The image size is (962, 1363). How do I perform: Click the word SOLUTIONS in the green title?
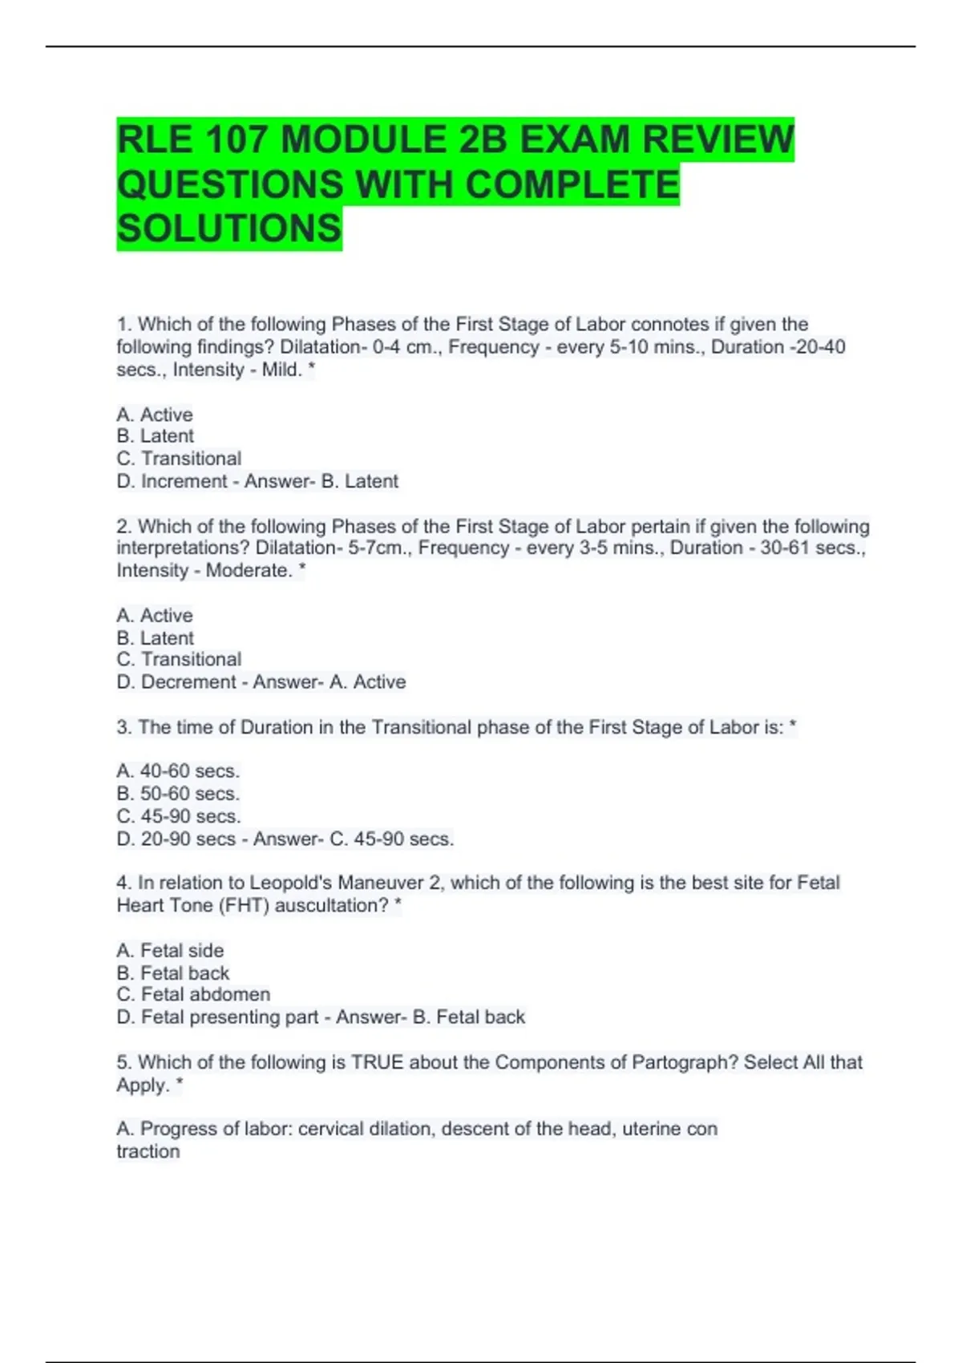click(x=229, y=229)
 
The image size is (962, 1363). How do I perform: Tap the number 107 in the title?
click(x=236, y=140)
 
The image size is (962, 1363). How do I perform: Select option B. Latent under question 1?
click(x=156, y=436)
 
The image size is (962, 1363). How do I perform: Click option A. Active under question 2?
click(x=155, y=616)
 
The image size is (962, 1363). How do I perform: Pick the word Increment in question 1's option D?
click(x=184, y=482)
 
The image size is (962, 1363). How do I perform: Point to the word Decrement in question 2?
click(x=188, y=682)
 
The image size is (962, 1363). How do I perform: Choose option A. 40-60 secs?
click(x=178, y=771)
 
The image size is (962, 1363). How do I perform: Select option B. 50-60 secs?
click(x=178, y=794)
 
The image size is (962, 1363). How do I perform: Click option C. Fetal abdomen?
click(x=193, y=995)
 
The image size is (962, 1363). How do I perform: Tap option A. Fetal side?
click(x=170, y=951)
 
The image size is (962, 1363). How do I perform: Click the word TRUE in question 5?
click(x=377, y=1062)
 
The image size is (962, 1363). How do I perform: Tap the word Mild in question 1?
click(x=281, y=370)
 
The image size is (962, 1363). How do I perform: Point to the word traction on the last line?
click(x=148, y=1152)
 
